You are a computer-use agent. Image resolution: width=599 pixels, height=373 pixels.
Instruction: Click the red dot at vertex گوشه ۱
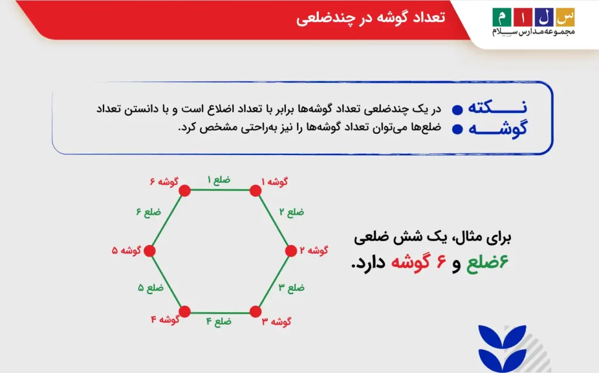click(x=255, y=191)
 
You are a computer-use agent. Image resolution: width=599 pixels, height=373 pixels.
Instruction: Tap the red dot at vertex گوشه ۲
click(x=291, y=251)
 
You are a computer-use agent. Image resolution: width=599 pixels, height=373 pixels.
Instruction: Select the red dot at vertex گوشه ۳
click(x=255, y=311)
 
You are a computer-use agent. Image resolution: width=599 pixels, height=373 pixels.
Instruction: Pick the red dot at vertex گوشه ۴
click(x=185, y=311)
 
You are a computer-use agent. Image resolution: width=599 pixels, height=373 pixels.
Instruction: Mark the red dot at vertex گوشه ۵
click(x=149, y=251)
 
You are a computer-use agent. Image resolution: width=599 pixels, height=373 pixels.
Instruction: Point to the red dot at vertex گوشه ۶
click(x=185, y=191)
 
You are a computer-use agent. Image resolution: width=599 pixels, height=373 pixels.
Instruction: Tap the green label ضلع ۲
click(x=291, y=212)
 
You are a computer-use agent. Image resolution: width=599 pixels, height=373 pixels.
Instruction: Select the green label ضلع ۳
click(x=291, y=288)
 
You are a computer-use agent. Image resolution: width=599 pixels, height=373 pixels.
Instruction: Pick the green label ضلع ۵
click(x=150, y=288)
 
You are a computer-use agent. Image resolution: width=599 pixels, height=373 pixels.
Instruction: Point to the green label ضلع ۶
click(x=148, y=212)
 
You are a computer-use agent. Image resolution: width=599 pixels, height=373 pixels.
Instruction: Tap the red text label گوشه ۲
click(x=314, y=251)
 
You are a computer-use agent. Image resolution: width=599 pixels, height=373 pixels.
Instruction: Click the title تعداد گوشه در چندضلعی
click(x=370, y=18)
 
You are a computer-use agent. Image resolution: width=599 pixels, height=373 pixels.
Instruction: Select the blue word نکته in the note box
click(x=503, y=108)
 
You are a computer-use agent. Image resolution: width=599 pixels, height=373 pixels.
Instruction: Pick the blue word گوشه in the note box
click(x=503, y=129)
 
